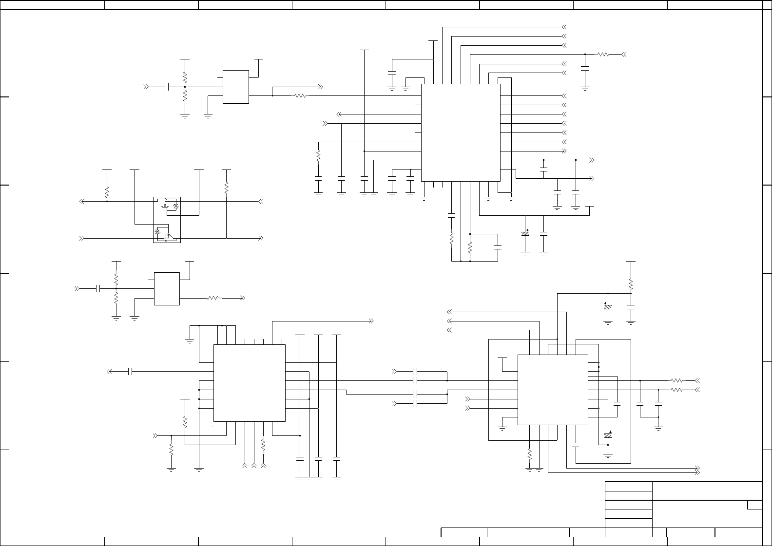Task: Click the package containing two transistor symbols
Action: coord(167,220)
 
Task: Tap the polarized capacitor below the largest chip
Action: coord(525,234)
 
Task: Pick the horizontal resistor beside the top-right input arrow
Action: coord(603,55)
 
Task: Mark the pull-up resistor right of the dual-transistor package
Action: coord(226,188)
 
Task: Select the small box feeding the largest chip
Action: coord(236,87)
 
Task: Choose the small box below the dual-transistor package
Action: coord(167,289)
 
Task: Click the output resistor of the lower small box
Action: coord(213,298)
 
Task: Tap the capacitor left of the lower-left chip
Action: coord(130,372)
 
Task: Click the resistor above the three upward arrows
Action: coord(263,445)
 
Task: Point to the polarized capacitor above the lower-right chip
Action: coord(607,306)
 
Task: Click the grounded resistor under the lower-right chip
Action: coord(529,454)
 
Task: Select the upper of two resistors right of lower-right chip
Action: coord(676,380)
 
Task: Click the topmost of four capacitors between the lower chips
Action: coord(415,372)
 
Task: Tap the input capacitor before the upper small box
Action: coord(167,87)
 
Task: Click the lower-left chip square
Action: coord(249,383)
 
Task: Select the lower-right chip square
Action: coord(552,390)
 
